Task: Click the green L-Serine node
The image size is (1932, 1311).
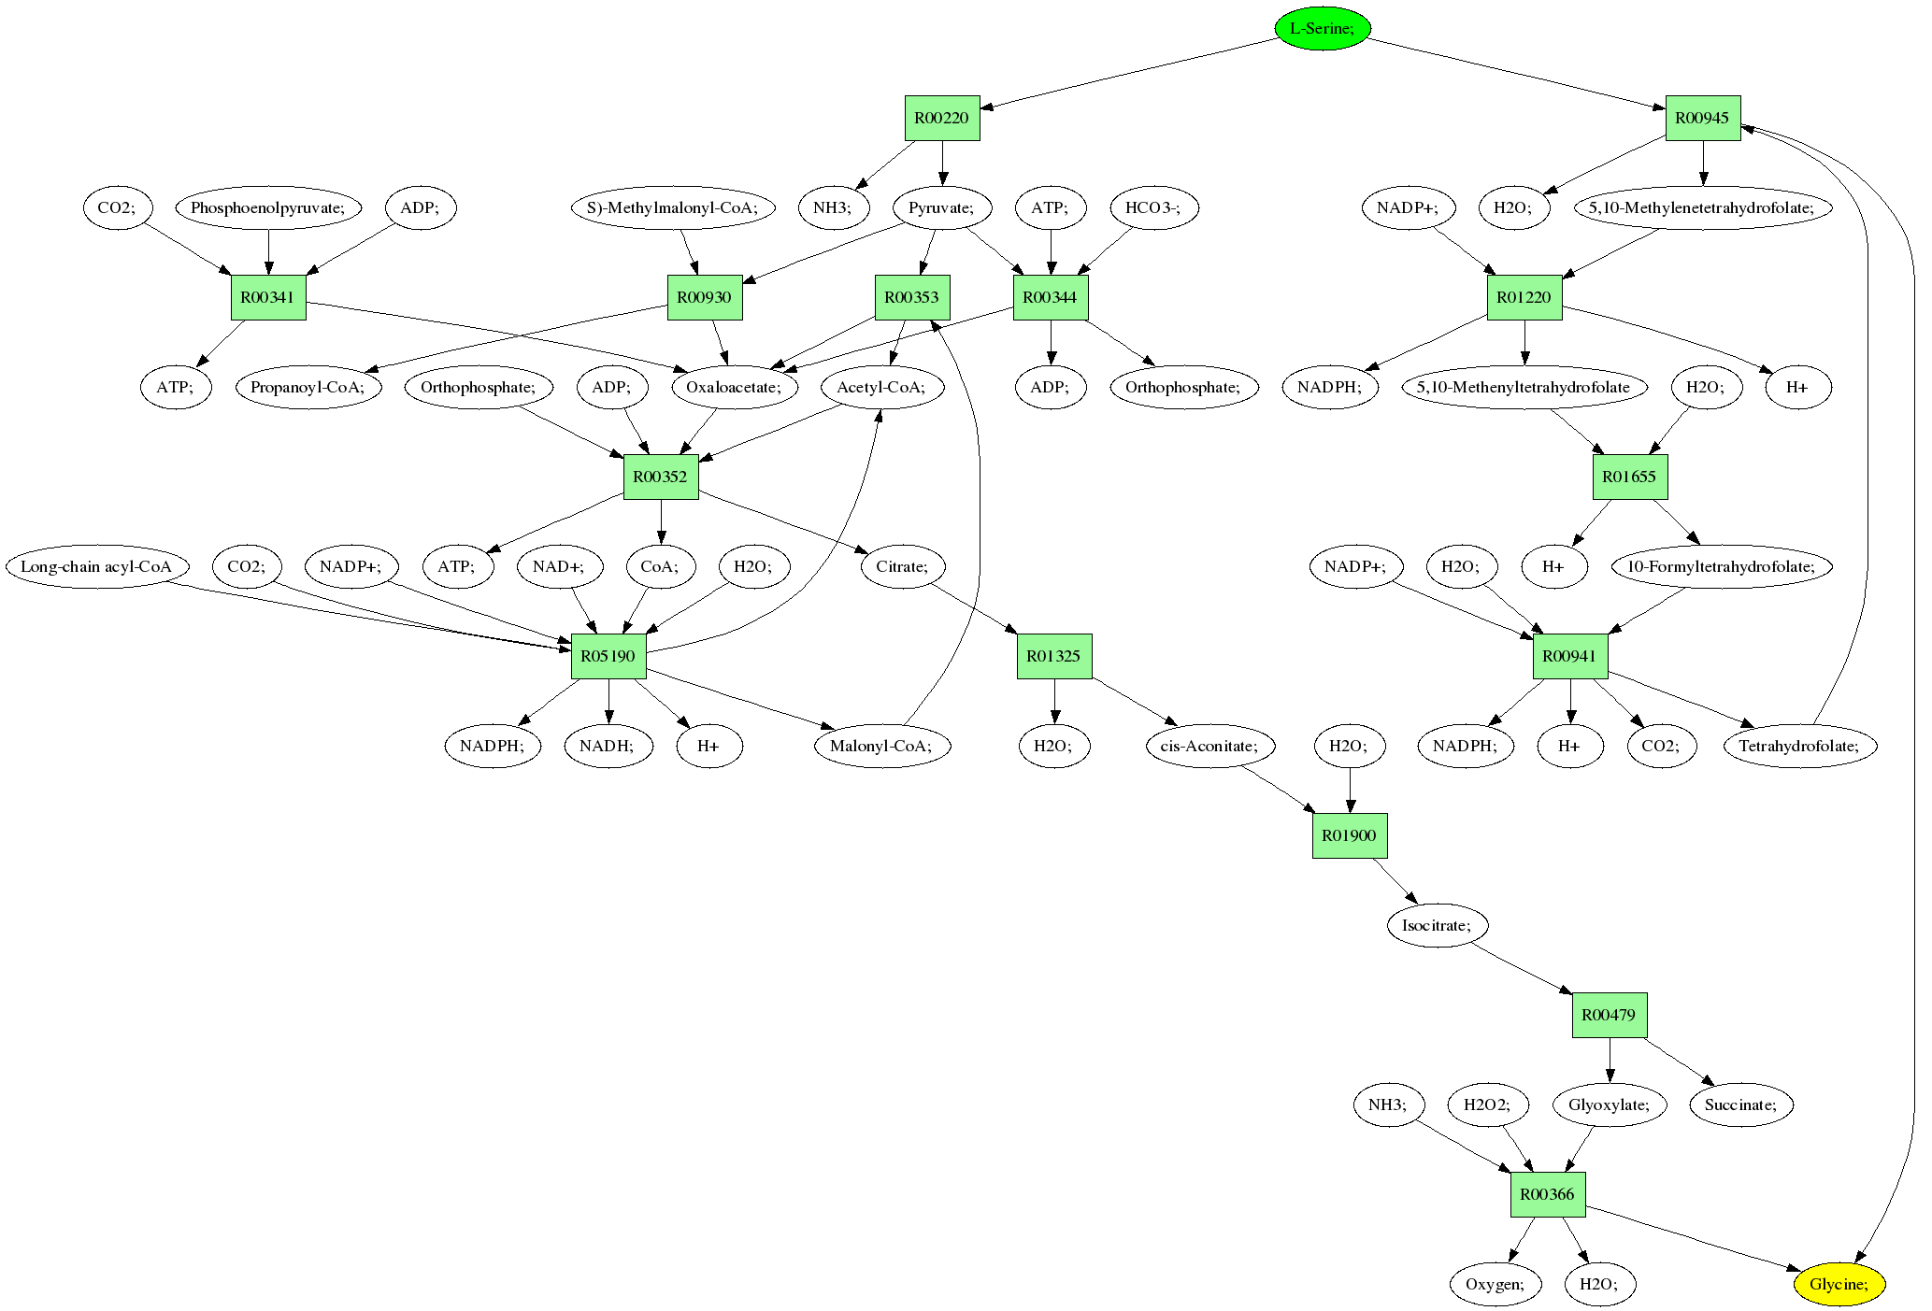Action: [1322, 28]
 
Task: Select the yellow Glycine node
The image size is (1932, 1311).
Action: [1839, 1284]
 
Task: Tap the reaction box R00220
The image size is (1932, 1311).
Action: [942, 118]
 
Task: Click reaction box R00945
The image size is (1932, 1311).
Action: [1702, 118]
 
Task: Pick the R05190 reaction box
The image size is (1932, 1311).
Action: [608, 656]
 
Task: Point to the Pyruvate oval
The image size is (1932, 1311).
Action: [941, 207]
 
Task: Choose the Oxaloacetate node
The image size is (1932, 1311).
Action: [734, 387]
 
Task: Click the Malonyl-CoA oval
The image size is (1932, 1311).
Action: [882, 746]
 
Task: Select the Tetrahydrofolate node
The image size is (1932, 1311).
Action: [1799, 746]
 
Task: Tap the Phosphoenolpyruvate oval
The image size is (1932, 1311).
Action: [268, 207]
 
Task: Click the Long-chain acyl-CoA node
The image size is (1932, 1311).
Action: [96, 566]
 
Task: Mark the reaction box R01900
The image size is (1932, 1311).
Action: [1349, 835]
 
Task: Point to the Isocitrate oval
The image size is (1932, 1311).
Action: [1437, 925]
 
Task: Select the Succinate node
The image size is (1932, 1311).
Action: [1739, 1104]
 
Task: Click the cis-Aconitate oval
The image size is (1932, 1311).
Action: [1209, 746]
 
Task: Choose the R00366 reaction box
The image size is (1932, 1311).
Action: [1547, 1194]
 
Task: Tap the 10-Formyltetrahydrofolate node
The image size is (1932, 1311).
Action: [1721, 566]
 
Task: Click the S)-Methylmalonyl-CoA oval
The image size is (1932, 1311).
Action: [673, 207]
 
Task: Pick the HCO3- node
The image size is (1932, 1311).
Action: [1152, 207]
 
